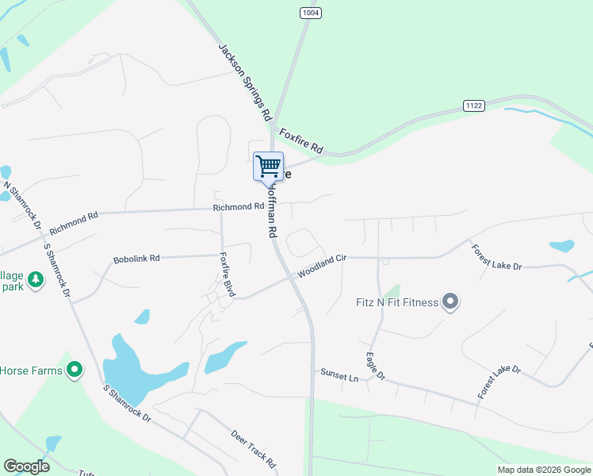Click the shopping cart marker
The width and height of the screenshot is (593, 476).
click(268, 167)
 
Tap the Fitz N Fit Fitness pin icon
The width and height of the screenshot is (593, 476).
click(450, 301)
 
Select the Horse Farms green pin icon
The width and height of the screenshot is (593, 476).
click(75, 370)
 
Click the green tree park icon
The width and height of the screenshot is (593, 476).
click(35, 279)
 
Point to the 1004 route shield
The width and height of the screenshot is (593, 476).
click(310, 13)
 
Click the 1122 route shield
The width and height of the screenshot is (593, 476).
click(474, 106)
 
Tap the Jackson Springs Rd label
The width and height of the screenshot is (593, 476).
click(245, 81)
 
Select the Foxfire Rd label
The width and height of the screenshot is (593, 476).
click(302, 140)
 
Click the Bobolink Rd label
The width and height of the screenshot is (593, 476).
click(136, 259)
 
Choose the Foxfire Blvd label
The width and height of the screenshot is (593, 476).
click(228, 274)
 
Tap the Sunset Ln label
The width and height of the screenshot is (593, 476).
click(339, 374)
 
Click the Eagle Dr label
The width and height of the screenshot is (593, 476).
click(375, 366)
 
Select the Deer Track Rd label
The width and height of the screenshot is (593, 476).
click(253, 449)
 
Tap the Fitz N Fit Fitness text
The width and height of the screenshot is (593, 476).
click(397, 301)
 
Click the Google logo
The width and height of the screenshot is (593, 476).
click(26, 466)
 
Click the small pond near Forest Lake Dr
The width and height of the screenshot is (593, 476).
click(561, 246)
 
